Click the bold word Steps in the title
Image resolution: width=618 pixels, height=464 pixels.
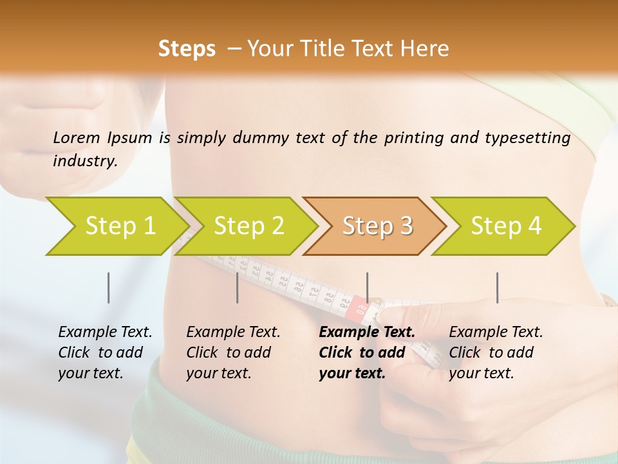187,49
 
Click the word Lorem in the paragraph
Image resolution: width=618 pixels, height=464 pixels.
76,138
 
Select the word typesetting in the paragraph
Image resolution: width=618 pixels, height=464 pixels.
527,138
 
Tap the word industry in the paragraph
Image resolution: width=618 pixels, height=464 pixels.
84,161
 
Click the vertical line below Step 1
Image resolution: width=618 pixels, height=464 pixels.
108,287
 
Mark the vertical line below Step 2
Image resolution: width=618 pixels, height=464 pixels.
238,287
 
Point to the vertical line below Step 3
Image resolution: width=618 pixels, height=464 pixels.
367,287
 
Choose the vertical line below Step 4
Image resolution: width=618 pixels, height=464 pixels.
497,287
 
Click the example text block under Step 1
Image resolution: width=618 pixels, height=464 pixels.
104,353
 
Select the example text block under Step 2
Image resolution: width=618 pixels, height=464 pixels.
232,353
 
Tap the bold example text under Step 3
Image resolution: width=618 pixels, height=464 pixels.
366,353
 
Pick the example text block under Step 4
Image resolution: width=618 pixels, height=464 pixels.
495,353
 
